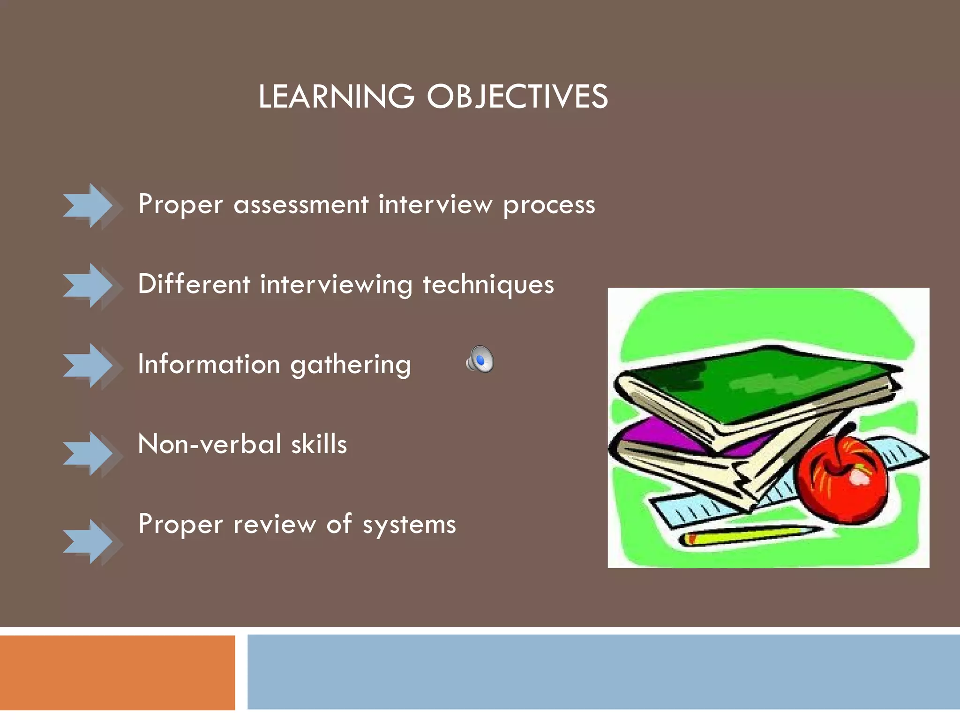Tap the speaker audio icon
[480, 360]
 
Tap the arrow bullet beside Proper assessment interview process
[89, 206]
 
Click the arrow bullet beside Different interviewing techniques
[89, 285]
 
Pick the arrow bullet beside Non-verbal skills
[89, 454]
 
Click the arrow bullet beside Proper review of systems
[89, 541]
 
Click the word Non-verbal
[209, 444]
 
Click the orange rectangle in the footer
[117, 672]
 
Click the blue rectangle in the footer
[603, 672]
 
